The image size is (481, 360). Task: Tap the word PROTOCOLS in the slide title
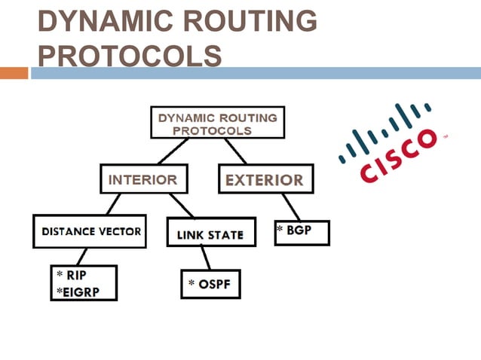130,56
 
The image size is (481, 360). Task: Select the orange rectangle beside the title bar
14,73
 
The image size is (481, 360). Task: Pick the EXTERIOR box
265,180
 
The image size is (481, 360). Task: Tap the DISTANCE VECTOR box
90,231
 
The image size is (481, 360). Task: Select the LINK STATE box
209,234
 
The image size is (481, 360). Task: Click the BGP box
301,232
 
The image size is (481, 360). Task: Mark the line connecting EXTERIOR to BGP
290,206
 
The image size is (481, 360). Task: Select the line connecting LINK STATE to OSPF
206,258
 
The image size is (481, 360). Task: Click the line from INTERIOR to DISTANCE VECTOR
112,204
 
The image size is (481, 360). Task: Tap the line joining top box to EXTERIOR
234,151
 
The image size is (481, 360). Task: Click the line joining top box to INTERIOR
169,152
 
